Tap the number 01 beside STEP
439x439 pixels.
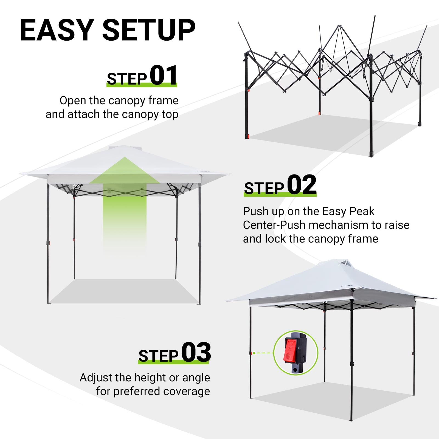[164, 75]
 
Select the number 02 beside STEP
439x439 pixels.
[302, 185]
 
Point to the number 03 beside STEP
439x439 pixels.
[196, 352]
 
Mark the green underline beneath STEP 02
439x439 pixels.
[280, 195]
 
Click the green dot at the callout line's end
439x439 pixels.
[254, 353]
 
